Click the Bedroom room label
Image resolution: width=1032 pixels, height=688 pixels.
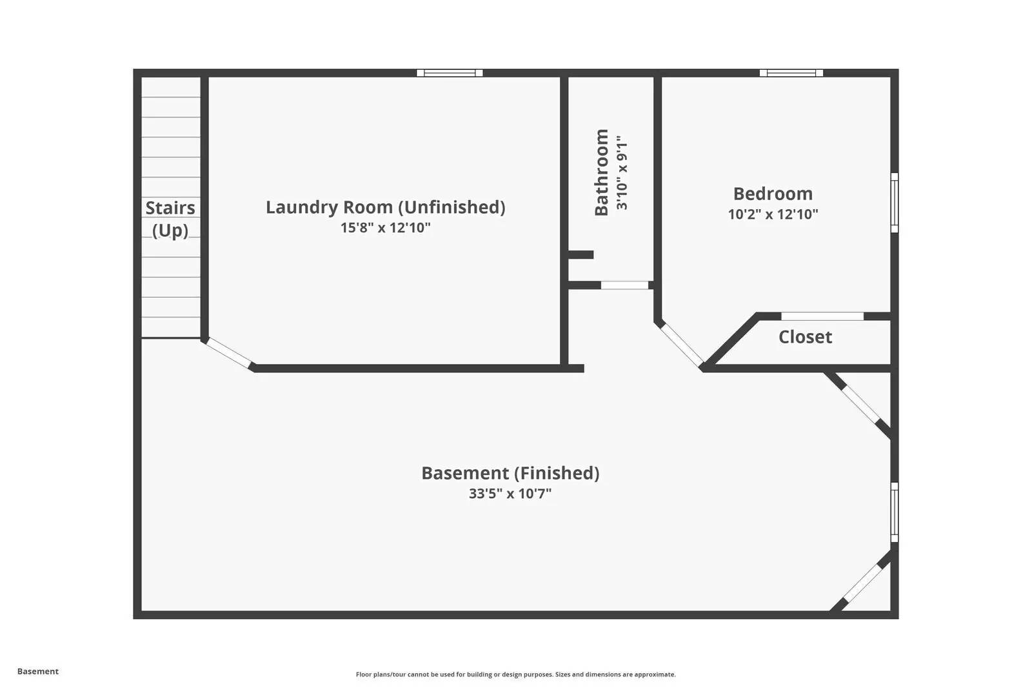click(x=773, y=194)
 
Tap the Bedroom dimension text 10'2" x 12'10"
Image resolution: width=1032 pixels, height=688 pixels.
click(x=773, y=214)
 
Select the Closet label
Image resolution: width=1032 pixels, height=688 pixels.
click(x=805, y=337)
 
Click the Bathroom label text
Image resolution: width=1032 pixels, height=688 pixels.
click(x=602, y=172)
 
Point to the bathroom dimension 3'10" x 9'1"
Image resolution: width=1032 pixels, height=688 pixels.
click(x=622, y=173)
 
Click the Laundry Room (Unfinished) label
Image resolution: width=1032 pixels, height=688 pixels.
click(x=385, y=208)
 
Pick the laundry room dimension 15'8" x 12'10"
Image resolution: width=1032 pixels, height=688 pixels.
click(x=385, y=228)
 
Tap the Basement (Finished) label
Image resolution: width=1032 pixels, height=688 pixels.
click(x=510, y=474)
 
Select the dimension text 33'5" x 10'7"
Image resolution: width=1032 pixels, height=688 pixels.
click(x=510, y=494)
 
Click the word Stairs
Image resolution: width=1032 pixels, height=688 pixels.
click(x=170, y=208)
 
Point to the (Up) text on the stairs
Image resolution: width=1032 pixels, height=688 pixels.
click(x=170, y=230)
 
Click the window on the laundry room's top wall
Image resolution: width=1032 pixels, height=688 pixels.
click(x=450, y=73)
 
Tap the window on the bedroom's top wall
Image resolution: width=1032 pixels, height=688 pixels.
click(x=791, y=73)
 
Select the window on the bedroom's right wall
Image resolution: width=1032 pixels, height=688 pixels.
click(x=894, y=203)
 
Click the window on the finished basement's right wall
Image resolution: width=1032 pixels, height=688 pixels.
click(x=894, y=512)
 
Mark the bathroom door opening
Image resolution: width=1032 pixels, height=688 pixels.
click(x=625, y=285)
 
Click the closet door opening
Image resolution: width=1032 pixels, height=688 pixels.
click(x=822, y=316)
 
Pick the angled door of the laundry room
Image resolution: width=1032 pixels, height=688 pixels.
click(x=228, y=353)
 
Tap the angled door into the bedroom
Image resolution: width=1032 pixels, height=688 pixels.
click(x=681, y=345)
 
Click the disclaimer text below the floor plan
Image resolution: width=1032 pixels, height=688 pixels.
click(x=515, y=674)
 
